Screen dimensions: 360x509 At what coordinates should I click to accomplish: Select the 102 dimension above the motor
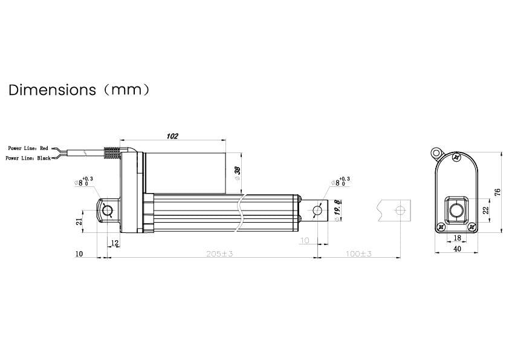click(x=172, y=136)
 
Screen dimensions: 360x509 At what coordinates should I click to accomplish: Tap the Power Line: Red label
click(x=28, y=148)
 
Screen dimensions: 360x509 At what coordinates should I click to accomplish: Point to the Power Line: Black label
click(x=28, y=158)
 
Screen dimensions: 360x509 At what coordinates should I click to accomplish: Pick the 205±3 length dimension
click(x=219, y=254)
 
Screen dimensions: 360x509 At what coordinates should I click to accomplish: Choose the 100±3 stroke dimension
click(x=359, y=254)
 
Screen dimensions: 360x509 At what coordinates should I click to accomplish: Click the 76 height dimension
click(x=498, y=192)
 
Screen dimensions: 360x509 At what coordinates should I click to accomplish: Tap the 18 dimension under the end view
click(x=457, y=239)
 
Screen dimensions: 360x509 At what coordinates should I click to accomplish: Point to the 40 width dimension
click(x=457, y=249)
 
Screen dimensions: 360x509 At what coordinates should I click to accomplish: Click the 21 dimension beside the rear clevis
click(x=79, y=222)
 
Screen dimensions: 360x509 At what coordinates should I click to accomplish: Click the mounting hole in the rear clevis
click(x=108, y=211)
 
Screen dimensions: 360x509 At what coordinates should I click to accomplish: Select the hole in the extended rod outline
click(x=398, y=210)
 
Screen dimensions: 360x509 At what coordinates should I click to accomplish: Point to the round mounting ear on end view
click(x=435, y=151)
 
